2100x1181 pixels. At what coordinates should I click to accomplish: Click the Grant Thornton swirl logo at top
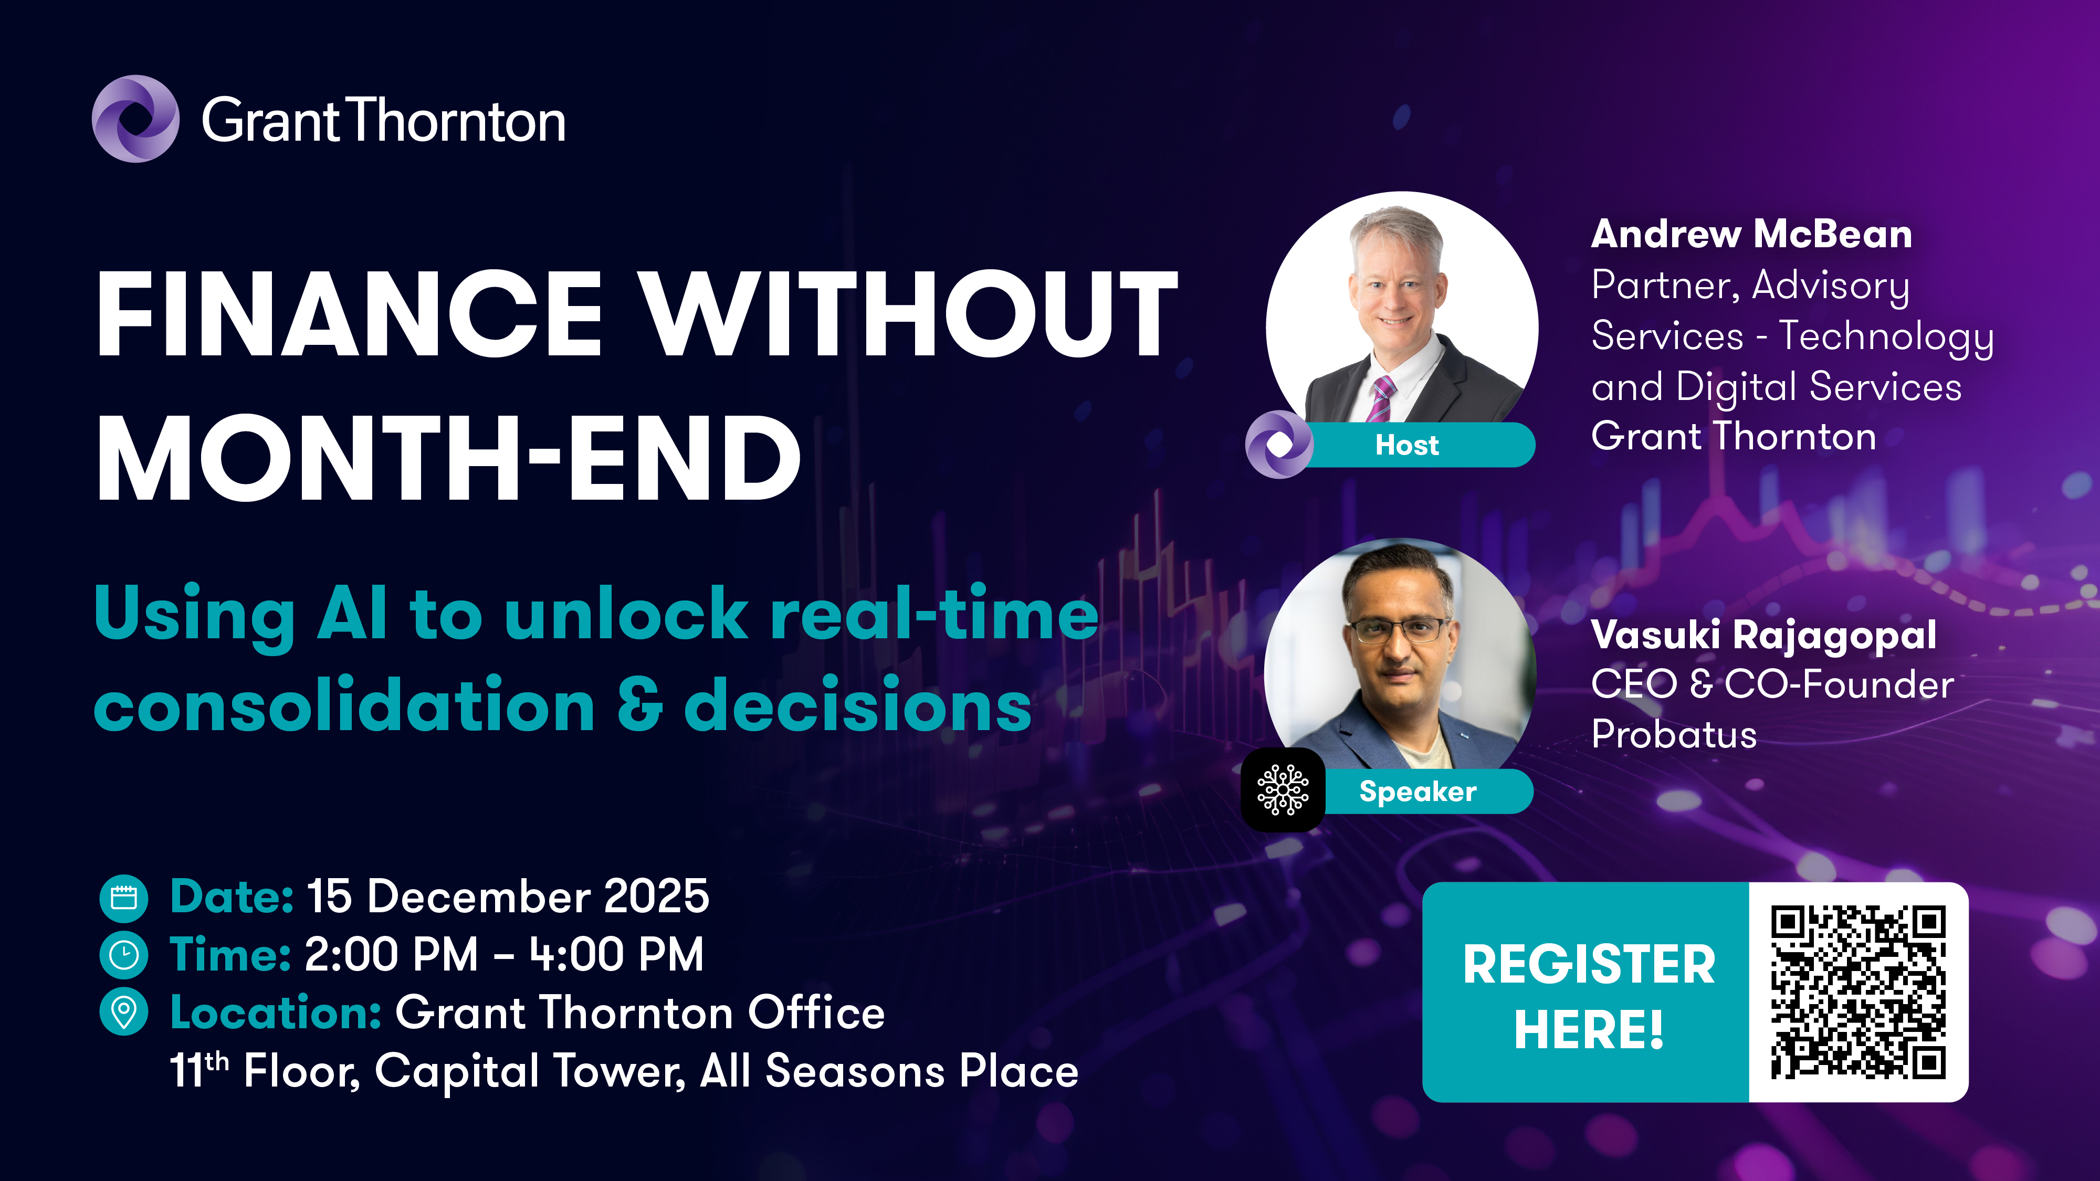[x=135, y=119]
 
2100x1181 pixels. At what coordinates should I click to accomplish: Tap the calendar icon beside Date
[x=124, y=898]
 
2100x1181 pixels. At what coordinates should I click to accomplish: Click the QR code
[x=1858, y=992]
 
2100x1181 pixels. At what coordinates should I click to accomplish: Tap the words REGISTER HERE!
[x=1589, y=997]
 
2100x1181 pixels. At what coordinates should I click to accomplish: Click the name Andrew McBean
[x=1751, y=234]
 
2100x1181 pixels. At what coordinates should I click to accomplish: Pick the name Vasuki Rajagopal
[x=1763, y=635]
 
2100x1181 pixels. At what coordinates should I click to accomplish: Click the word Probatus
[x=1674, y=734]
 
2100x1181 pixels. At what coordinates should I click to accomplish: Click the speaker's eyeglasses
[x=1397, y=630]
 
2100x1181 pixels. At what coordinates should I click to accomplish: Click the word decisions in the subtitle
[x=858, y=704]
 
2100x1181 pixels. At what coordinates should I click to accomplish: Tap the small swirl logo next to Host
[x=1279, y=445]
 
